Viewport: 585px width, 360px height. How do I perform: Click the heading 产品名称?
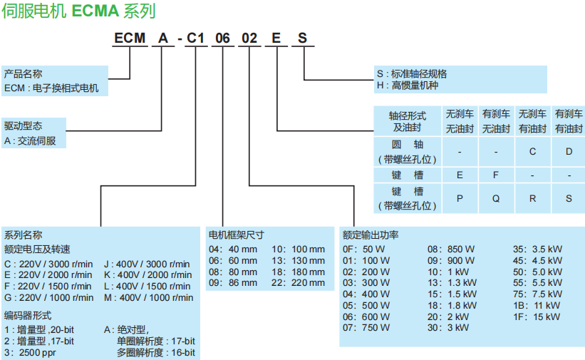pos(23,74)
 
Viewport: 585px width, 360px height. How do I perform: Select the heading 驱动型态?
pos(23,125)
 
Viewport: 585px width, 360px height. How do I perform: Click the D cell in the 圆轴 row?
pos(569,151)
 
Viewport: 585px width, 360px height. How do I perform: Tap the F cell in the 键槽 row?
pos(496,175)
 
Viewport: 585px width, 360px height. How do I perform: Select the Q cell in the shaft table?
pos(496,199)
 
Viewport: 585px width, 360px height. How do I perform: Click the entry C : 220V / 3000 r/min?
pos(48,263)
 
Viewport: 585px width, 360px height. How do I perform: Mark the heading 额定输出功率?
pos(370,235)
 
